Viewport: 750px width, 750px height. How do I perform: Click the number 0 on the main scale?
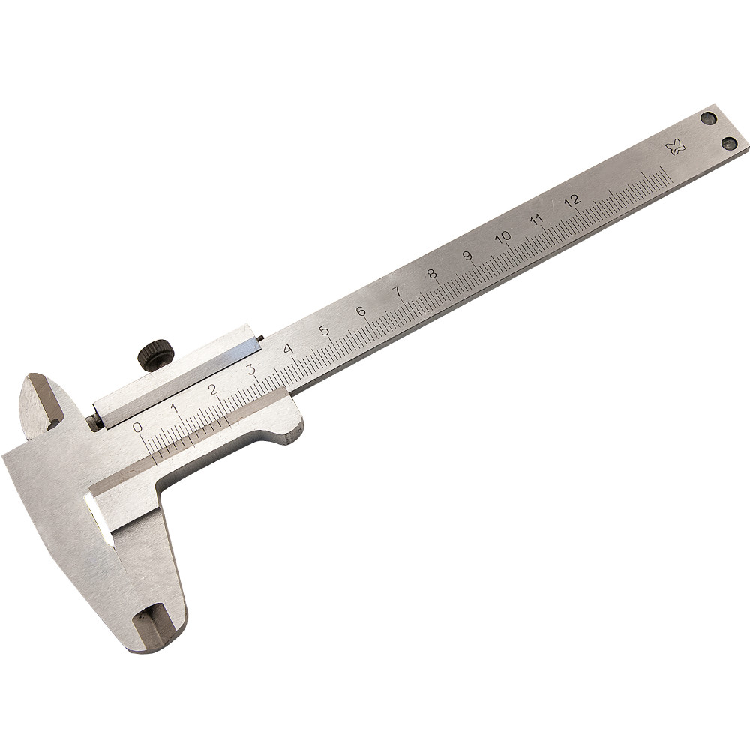tap(138, 426)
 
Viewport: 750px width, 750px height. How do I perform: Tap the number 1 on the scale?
tap(175, 408)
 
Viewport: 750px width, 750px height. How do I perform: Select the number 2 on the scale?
tap(214, 389)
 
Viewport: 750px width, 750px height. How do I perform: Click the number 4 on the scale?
tap(288, 349)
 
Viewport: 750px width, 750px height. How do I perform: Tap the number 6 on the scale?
tap(361, 311)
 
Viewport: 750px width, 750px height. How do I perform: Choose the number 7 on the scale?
tap(397, 291)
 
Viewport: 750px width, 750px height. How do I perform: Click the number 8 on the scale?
tap(433, 274)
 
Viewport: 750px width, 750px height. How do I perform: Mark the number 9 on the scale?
tap(468, 256)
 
